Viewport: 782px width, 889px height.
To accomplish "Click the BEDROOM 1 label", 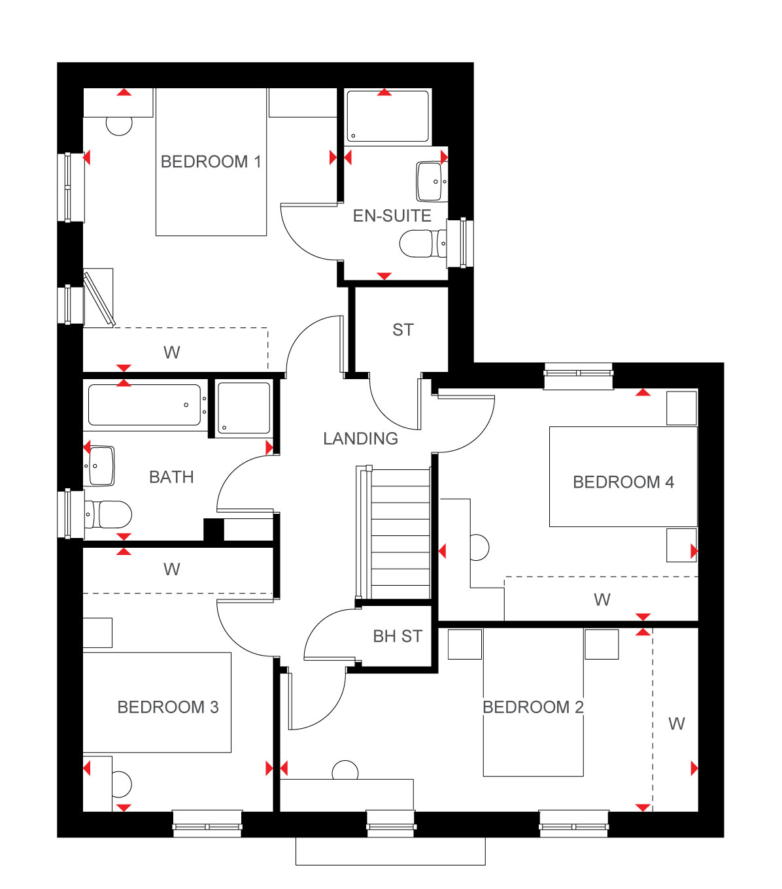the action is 211,162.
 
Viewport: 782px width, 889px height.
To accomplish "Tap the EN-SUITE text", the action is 392,216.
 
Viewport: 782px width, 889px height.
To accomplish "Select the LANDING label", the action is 361,439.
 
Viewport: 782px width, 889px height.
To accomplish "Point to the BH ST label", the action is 398,636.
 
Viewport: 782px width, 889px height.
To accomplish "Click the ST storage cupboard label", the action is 403,330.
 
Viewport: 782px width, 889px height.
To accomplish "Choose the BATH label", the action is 171,477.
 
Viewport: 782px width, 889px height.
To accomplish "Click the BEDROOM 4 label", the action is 623,482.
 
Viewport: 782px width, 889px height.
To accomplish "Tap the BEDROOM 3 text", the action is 168,707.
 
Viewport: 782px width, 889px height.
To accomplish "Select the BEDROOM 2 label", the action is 533,707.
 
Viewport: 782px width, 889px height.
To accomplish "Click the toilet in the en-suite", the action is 422,244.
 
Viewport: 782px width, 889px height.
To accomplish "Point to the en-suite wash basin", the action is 432,182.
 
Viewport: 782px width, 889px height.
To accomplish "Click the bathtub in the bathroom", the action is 144,405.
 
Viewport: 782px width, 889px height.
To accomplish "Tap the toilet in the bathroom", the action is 108,514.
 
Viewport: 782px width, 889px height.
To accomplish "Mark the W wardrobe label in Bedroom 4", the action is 602,600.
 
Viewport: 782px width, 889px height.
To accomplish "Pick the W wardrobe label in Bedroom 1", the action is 171,352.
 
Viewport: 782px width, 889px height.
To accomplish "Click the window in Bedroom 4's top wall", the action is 579,376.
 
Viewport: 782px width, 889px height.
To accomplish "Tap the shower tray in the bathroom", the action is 243,408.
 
